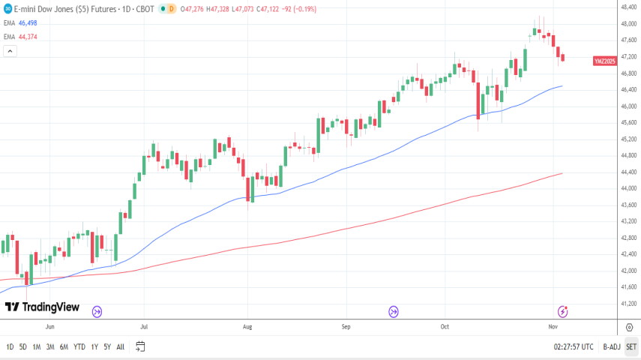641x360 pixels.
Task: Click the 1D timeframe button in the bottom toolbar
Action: tap(10, 346)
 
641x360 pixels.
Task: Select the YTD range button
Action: tap(79, 346)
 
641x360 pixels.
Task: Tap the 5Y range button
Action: tap(107, 346)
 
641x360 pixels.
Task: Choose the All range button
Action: tap(121, 346)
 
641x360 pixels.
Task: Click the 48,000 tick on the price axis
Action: tap(628, 24)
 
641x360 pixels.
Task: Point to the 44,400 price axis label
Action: tap(628, 172)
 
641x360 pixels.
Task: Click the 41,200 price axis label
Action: tap(628, 304)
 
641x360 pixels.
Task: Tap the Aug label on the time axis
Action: tap(247, 327)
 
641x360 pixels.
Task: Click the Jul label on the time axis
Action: tap(143, 327)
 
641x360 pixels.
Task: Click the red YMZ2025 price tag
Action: tap(604, 60)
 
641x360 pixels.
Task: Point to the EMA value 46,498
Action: tap(28, 23)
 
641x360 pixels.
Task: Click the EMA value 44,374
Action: tap(28, 35)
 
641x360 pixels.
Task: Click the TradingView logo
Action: tap(42, 307)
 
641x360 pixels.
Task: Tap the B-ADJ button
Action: tap(612, 346)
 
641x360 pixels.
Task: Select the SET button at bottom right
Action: tap(631, 346)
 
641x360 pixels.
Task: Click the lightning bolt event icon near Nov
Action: tap(562, 311)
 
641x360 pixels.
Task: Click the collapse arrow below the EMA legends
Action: tap(10, 51)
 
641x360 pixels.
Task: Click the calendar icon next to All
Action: tap(140, 346)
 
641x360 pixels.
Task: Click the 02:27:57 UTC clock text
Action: tap(574, 346)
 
